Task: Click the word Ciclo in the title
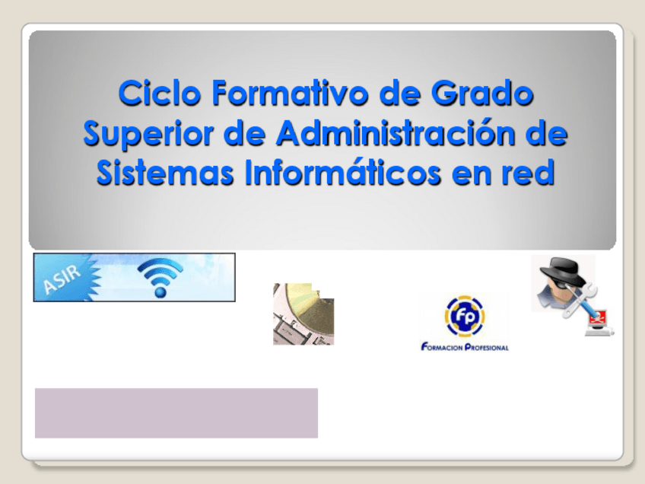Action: click(159, 93)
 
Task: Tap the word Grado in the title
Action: click(482, 93)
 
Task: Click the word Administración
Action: click(395, 132)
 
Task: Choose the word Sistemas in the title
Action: click(165, 172)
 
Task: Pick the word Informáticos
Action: click(342, 172)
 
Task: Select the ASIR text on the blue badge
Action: click(62, 279)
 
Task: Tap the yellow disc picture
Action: click(303, 314)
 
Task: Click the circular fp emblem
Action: click(464, 317)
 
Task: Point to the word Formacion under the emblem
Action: click(442, 347)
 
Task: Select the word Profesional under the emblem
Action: click(487, 347)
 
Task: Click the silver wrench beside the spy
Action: click(579, 301)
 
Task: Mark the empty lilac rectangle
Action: click(176, 412)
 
